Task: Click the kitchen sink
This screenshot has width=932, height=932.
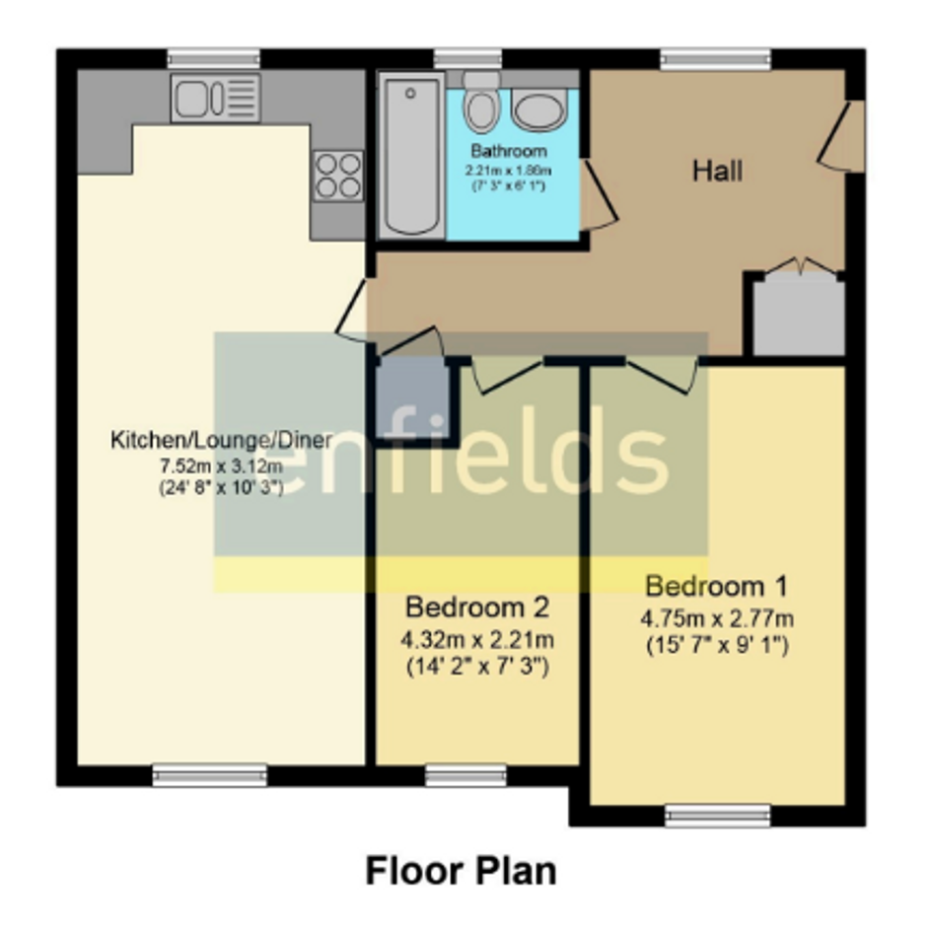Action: pos(215,98)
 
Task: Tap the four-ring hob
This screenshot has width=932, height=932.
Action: pos(339,176)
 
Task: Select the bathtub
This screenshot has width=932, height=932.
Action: pos(411,156)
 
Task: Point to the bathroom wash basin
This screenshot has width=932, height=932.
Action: pos(539,109)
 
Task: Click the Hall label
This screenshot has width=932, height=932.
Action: pos(717,172)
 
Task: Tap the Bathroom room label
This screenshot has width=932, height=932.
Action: pos(509,150)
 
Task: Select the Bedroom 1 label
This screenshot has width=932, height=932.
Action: pos(716,587)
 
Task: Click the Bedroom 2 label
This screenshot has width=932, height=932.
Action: pos(477,608)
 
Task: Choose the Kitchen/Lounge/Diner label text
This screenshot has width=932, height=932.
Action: pos(221,441)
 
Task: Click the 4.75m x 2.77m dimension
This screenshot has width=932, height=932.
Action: pos(717,618)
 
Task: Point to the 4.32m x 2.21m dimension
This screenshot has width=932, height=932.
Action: pos(477,640)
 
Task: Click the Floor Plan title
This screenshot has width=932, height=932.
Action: pos(462,871)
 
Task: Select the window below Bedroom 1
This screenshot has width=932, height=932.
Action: pos(717,816)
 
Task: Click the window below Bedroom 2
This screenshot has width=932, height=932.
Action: pos(466,775)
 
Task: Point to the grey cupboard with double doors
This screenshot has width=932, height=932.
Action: pos(799,315)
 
